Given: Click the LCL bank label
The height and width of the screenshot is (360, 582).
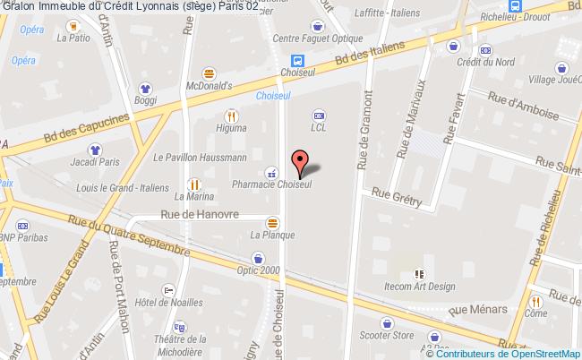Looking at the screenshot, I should (x=318, y=127).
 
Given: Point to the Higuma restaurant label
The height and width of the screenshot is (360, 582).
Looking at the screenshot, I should (x=231, y=128).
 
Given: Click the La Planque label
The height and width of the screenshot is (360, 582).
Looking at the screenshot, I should (x=272, y=235).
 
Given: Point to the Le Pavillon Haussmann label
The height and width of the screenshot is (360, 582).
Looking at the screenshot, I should (x=200, y=158).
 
